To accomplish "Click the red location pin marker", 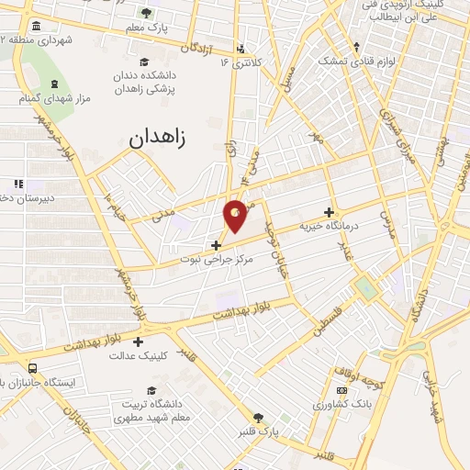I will click(x=236, y=215).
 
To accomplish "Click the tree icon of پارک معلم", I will click(x=146, y=12).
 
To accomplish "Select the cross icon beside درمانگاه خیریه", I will click(x=329, y=211).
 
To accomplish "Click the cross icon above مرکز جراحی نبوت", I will click(x=216, y=245).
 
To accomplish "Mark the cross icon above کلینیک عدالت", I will click(x=138, y=341).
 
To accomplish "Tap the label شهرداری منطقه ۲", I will click(x=36, y=39).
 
